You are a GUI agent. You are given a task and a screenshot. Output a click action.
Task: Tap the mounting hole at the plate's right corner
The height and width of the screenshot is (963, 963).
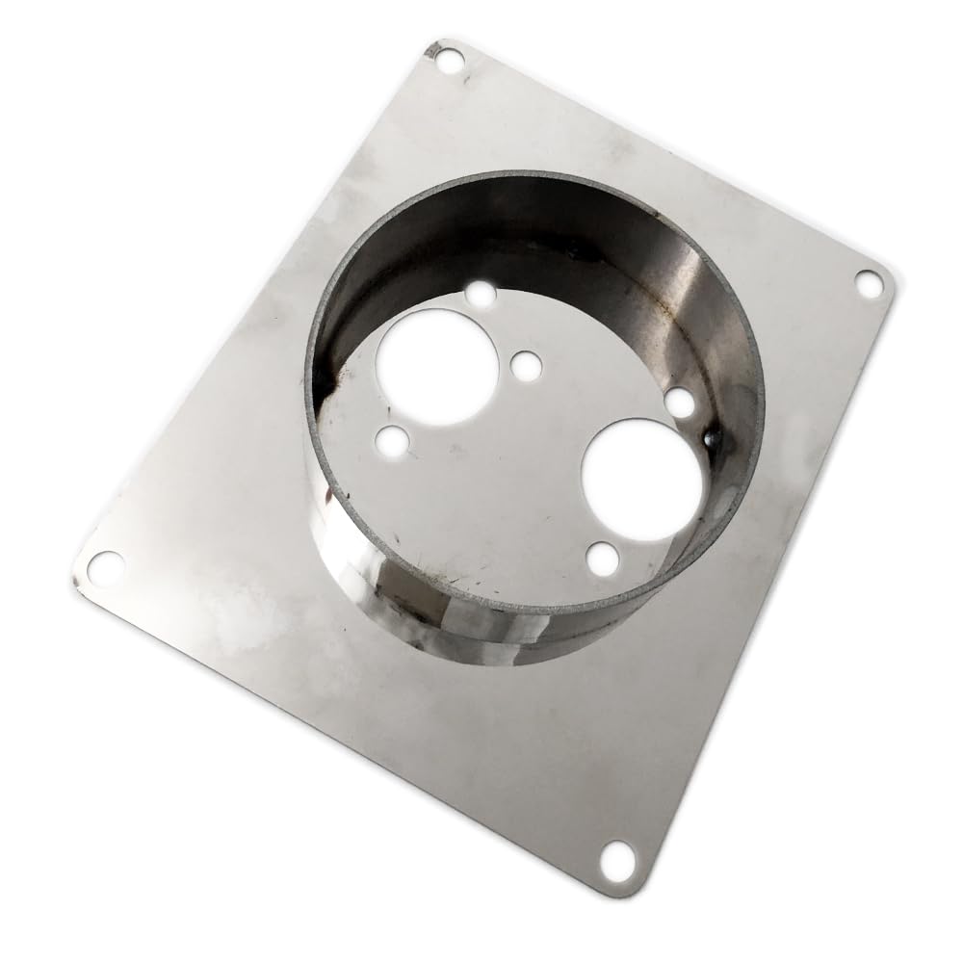(869, 284)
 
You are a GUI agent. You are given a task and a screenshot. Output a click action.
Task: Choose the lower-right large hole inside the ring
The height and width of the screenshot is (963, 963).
(641, 466)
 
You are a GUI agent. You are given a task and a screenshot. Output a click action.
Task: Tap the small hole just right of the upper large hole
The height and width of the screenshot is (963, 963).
(526, 365)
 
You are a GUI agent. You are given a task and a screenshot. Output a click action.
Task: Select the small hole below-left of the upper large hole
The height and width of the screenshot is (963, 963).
(392, 441)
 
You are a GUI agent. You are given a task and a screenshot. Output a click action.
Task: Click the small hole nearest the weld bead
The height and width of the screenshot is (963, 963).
(679, 403)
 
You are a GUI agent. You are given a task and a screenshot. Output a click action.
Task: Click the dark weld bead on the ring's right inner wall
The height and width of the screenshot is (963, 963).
(714, 438)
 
